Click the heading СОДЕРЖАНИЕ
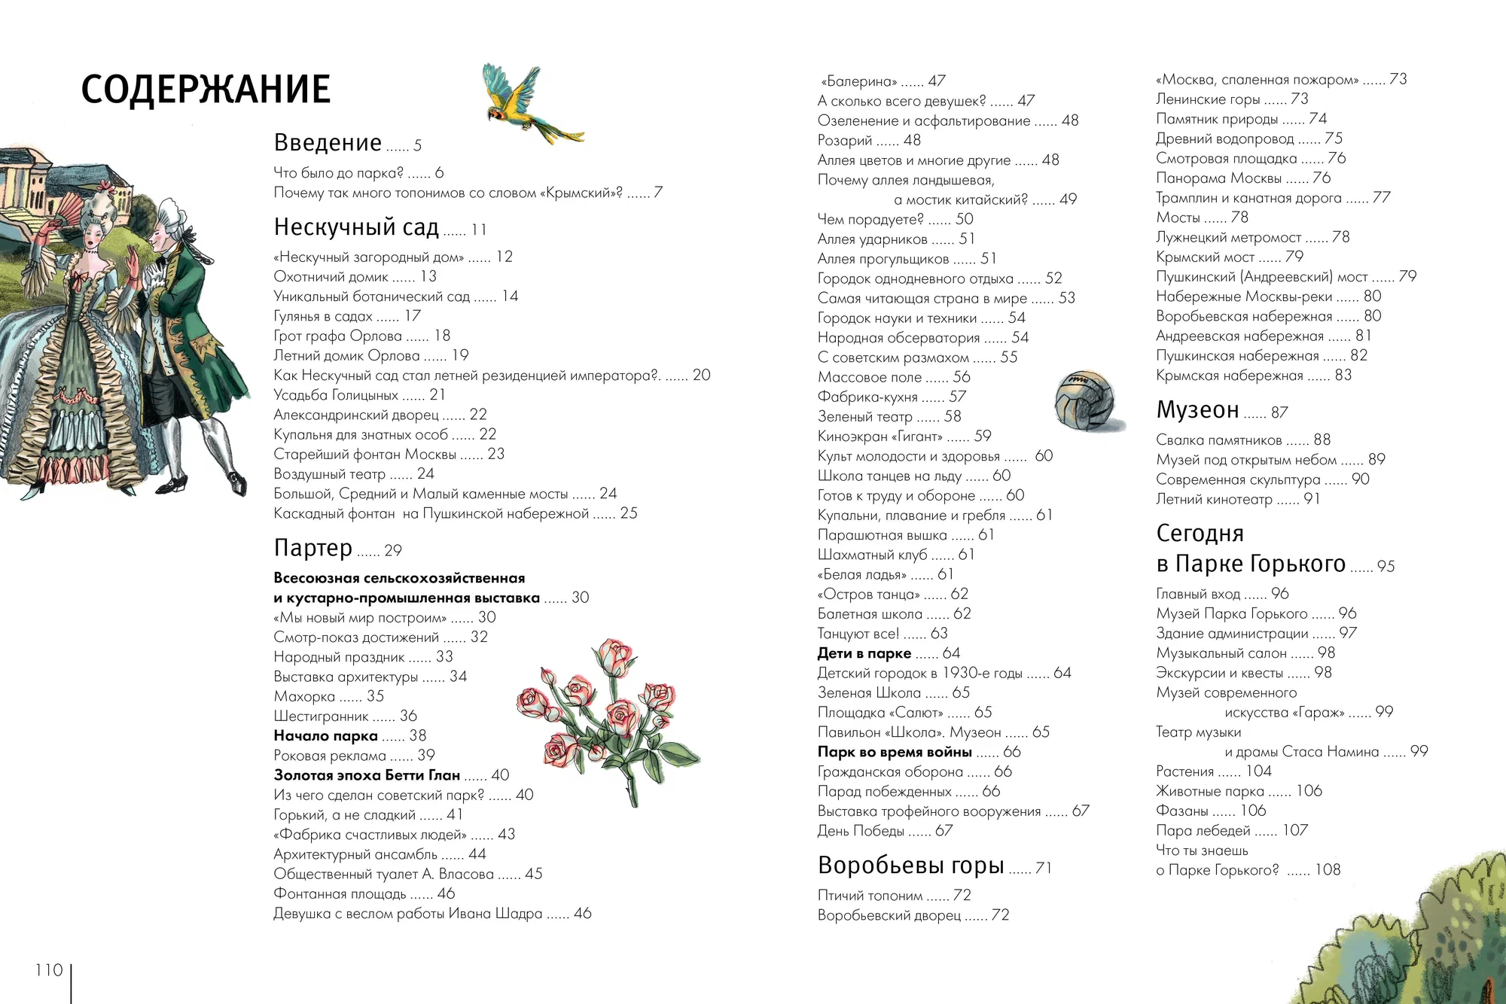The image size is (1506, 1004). (206, 89)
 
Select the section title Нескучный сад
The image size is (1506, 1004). (356, 227)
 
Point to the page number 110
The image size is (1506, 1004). (49, 970)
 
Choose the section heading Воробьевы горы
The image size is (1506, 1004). (910, 866)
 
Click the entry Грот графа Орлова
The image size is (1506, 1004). (337, 336)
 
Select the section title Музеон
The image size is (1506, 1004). (1197, 410)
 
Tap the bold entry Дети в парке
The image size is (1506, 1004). (864, 653)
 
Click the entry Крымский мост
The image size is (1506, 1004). (1205, 257)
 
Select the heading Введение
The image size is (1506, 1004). (328, 142)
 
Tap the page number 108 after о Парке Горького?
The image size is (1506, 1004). (1328, 870)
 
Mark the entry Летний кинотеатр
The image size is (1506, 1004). (1214, 499)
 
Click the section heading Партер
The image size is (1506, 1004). (312, 548)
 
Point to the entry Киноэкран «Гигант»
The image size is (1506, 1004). (880, 437)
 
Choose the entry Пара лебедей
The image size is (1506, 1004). (1203, 831)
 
